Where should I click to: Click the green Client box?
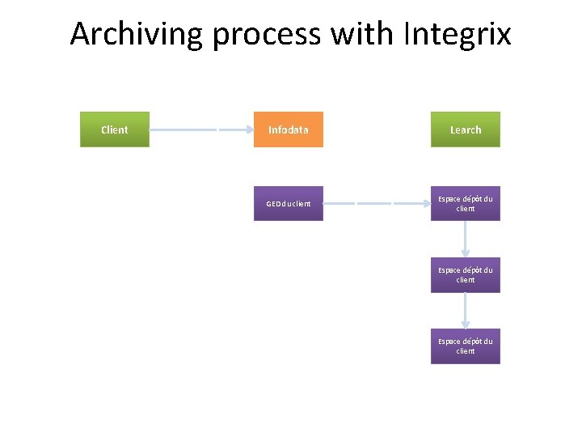point(115,129)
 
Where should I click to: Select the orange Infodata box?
point(289,129)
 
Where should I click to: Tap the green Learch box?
point(466,129)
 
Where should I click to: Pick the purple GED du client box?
point(289,203)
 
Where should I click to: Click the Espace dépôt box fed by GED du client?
point(466,203)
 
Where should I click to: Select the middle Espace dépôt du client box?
point(466,274)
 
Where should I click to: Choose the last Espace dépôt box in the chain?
point(466,346)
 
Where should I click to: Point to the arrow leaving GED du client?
point(376,203)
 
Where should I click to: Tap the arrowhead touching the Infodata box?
point(249,129)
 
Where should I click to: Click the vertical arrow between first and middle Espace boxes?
point(466,239)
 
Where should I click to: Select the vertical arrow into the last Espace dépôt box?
point(466,310)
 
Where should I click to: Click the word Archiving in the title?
point(137,35)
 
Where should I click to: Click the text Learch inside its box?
point(466,129)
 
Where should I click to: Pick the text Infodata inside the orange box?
point(289,129)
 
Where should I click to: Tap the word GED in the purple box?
point(274,203)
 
